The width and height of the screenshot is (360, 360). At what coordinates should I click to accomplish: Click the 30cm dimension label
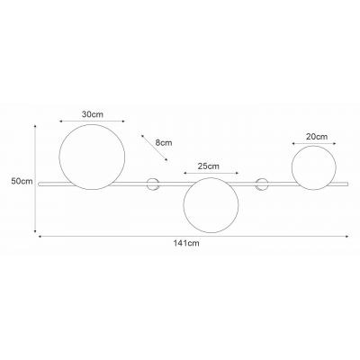tap(93, 114)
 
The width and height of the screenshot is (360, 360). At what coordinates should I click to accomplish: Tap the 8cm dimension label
tap(164, 142)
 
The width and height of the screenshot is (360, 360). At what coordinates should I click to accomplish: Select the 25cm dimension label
tap(209, 166)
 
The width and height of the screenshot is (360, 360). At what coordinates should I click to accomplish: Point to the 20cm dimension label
tap(317, 137)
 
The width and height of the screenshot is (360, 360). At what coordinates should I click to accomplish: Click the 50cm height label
tap(22, 181)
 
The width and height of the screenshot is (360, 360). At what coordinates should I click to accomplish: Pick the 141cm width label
tap(186, 243)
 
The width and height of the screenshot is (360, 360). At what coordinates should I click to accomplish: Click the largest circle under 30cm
tap(59, 157)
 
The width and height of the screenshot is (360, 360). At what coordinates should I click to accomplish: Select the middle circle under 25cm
tap(184, 205)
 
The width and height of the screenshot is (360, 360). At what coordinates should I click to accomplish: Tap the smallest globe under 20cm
tap(292, 167)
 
